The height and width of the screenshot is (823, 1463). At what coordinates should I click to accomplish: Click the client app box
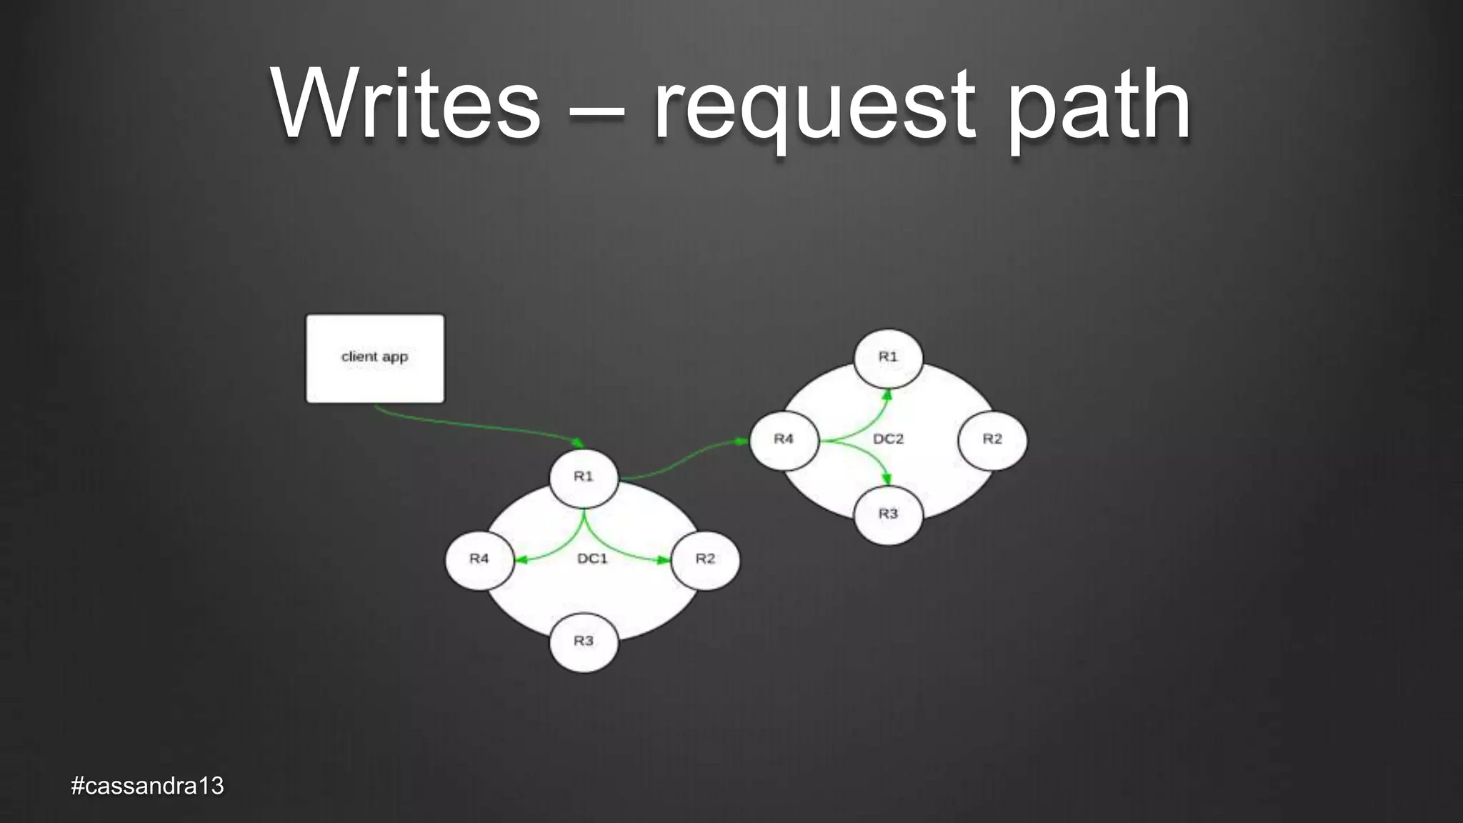tap(374, 358)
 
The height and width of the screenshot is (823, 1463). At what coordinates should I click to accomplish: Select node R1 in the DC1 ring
tap(584, 477)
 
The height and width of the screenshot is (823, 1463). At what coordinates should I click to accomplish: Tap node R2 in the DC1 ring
tap(705, 559)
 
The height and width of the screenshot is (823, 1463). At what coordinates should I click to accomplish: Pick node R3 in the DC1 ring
tap(584, 641)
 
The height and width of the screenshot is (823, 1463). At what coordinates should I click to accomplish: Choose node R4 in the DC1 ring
tap(479, 559)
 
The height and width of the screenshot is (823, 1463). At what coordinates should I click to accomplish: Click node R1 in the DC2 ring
tap(888, 356)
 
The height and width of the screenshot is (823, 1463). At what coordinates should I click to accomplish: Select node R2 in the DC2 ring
tap(992, 439)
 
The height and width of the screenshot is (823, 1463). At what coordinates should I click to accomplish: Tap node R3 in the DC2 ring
tap(888, 514)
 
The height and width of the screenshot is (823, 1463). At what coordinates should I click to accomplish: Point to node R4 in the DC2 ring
tap(784, 439)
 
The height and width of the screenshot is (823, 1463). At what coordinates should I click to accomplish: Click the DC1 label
tap(592, 559)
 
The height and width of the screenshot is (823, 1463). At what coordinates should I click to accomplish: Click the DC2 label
tap(888, 439)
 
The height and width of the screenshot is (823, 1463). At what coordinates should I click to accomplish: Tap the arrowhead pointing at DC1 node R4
tap(521, 560)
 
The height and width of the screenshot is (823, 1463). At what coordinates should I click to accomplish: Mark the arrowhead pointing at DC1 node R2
tap(664, 560)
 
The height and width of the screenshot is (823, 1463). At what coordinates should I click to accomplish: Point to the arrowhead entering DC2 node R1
tap(887, 395)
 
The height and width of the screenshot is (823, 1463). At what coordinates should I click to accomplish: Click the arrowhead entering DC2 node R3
tap(887, 479)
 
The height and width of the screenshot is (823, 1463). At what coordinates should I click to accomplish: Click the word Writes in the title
tap(406, 105)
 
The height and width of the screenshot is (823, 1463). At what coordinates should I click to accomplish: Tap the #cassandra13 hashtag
tap(148, 786)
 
